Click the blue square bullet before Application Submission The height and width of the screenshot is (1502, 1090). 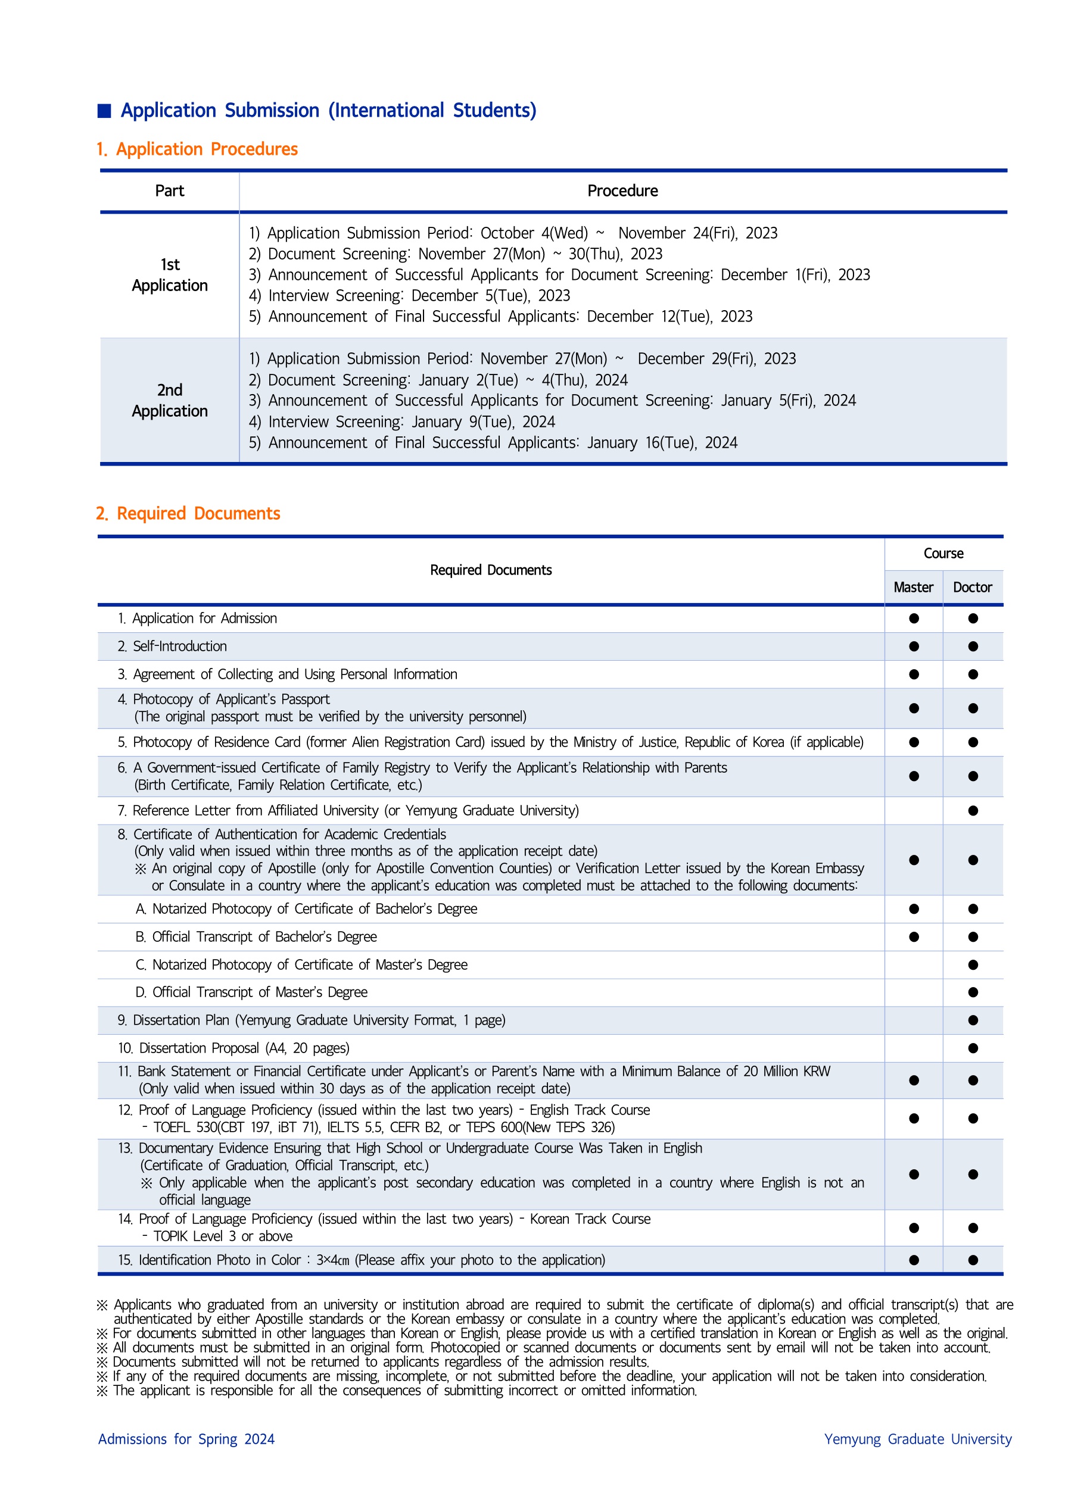[x=104, y=111]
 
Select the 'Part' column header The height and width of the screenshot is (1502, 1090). [x=170, y=191]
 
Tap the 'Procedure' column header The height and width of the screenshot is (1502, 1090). [x=622, y=191]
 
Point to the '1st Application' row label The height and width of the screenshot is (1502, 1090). [x=170, y=275]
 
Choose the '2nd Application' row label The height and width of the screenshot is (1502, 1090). [x=170, y=401]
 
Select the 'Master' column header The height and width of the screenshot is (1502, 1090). [x=913, y=588]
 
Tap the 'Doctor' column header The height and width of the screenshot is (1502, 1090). [x=972, y=588]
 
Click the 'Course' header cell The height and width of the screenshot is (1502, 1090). [x=943, y=554]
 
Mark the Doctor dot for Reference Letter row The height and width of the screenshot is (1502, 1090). [x=973, y=811]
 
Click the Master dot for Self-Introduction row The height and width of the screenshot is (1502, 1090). [x=914, y=647]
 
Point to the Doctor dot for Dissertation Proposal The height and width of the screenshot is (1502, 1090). [x=973, y=1048]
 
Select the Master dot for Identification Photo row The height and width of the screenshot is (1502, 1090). [x=914, y=1260]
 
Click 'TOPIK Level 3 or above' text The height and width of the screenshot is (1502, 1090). [x=223, y=1236]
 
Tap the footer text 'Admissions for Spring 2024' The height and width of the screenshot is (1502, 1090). [x=186, y=1439]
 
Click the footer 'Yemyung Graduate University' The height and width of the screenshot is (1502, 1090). [x=918, y=1439]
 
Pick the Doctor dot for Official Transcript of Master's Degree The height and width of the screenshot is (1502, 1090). [x=973, y=992]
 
